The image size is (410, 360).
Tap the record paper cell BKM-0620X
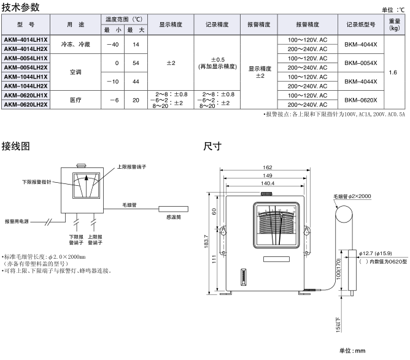[360, 100]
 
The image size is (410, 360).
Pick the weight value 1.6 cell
[393, 72]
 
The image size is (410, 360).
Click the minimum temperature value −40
[112, 44]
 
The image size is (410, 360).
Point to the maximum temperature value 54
[136, 63]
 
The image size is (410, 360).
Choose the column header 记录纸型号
[360, 25]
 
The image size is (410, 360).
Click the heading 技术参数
[21, 7]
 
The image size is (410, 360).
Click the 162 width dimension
[267, 167]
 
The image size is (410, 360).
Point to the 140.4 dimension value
[267, 183]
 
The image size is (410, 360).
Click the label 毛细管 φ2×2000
[352, 196]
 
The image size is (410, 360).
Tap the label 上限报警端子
[131, 166]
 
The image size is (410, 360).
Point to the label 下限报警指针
[37, 182]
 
